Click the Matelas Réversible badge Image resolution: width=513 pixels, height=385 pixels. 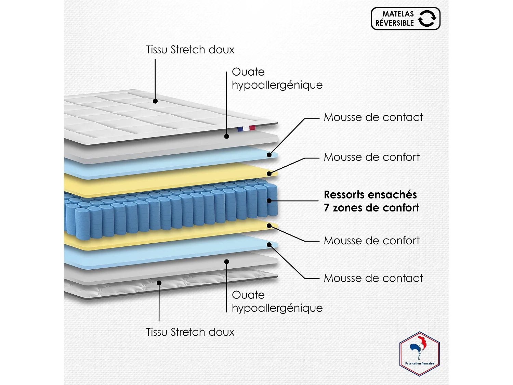[405, 18]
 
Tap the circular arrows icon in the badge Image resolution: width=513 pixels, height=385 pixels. [427, 18]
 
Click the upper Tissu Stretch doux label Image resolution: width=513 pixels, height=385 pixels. [190, 50]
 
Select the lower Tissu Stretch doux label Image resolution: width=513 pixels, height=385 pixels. [190, 332]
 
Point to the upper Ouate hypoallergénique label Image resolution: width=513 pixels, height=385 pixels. [277, 78]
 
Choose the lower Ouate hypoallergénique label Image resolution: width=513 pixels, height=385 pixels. [277, 301]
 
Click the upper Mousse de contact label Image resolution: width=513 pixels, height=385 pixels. [373, 117]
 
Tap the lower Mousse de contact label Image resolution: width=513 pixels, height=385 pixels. [373, 278]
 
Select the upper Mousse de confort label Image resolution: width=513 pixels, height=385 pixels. [371, 157]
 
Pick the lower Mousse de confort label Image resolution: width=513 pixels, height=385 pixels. [371, 241]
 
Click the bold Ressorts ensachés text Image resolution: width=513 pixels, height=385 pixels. [370, 195]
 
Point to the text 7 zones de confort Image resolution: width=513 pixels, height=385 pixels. [371, 208]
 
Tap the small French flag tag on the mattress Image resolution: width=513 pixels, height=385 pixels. [246, 129]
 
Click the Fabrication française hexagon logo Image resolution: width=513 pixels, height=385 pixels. [420, 354]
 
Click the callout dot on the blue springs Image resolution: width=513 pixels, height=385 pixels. [269, 201]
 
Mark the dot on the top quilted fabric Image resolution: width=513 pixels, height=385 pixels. [155, 101]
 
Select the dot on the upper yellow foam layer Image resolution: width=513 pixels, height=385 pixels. [269, 174]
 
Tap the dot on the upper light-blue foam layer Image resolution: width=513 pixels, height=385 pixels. [269, 155]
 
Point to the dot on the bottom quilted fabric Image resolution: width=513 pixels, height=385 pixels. [159, 283]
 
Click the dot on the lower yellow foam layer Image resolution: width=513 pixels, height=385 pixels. [269, 226]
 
